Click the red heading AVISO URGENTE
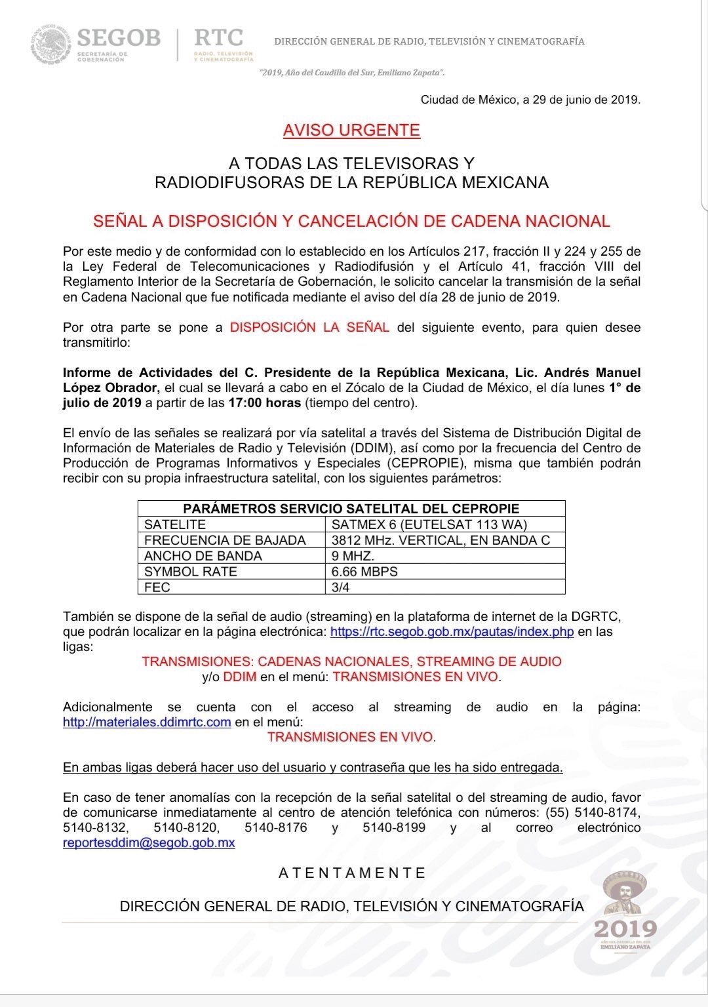pyautogui.click(x=351, y=130)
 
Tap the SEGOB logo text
pyautogui.click(x=118, y=37)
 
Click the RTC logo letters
pyautogui.click(x=218, y=37)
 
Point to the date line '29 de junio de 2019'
pyautogui.click(x=530, y=100)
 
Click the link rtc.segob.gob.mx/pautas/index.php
pyautogui.click(x=452, y=632)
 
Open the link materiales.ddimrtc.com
pyautogui.click(x=147, y=722)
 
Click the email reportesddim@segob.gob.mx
pyautogui.click(x=149, y=842)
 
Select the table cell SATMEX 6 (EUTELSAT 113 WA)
pyautogui.click(x=429, y=524)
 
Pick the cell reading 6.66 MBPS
pyautogui.click(x=364, y=572)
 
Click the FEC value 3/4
pyautogui.click(x=341, y=587)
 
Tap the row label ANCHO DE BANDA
pyautogui.click(x=203, y=556)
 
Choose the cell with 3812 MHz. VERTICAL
pyautogui.click(x=441, y=540)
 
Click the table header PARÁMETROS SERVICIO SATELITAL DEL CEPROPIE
pyautogui.click(x=351, y=509)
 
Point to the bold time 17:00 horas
pyautogui.click(x=265, y=403)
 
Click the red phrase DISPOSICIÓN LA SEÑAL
pyautogui.click(x=309, y=327)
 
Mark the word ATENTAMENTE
pyautogui.click(x=352, y=873)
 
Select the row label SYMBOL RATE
pyautogui.click(x=191, y=572)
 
